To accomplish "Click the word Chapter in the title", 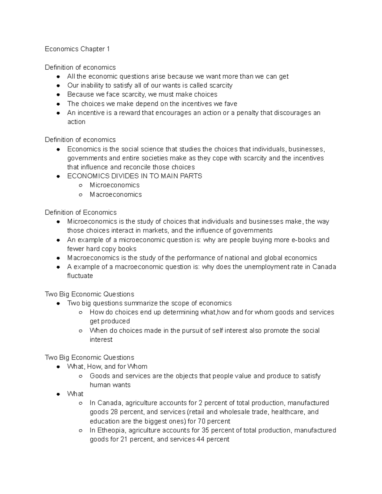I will click(93, 49).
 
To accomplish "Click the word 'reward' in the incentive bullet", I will click(129, 113).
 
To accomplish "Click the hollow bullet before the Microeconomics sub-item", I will click(81, 185).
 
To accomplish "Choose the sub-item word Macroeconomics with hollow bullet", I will click(116, 194).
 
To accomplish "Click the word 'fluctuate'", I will click(80, 276).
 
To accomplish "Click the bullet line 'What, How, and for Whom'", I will click(107, 366).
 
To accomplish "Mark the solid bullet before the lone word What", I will click(58, 394).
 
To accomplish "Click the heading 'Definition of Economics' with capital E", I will click(81, 212).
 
